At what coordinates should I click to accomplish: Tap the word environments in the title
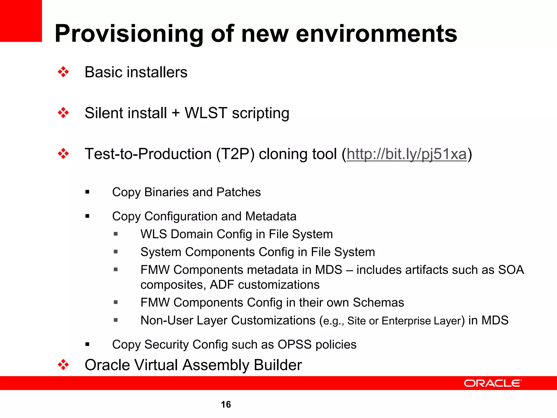tap(376, 34)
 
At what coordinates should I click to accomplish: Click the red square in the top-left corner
tap(21, 21)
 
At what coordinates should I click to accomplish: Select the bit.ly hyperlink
tap(407, 154)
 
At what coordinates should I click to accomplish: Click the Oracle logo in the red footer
tap(493, 383)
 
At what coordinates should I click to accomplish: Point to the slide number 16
tap(226, 404)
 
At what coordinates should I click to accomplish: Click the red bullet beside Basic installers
tap(63, 72)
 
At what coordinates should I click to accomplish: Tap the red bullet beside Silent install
tap(63, 113)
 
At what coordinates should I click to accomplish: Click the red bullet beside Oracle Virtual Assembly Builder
tap(63, 365)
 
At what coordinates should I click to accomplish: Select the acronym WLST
tap(206, 113)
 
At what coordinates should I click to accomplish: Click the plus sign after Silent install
tap(176, 113)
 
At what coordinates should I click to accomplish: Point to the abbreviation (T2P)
tap(235, 154)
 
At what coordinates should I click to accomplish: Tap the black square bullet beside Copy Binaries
tap(87, 192)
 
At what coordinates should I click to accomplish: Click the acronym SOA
tap(511, 270)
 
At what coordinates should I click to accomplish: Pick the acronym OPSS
tap(295, 345)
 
